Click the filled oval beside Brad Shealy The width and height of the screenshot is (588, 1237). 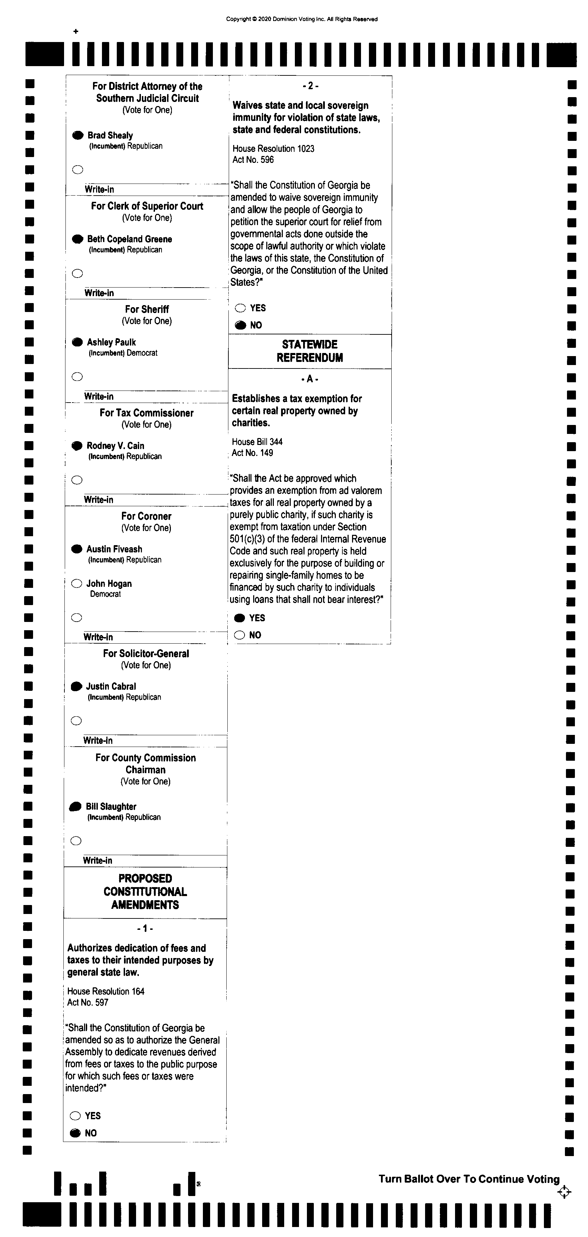(78, 135)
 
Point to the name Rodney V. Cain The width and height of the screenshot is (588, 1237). (115, 446)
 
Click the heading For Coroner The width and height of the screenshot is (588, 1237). (146, 516)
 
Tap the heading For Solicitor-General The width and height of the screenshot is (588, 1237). (146, 654)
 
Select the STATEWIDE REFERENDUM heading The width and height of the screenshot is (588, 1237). (310, 351)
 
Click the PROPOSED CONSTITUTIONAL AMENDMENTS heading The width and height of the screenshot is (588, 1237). (145, 892)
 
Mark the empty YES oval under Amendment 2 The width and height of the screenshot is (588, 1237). (240, 308)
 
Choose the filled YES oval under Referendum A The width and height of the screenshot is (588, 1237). (239, 618)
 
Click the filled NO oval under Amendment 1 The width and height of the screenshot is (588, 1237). (75, 1133)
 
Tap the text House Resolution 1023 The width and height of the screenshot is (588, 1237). (274, 149)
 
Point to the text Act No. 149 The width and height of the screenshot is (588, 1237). (252, 453)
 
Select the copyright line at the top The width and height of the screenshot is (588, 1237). (302, 19)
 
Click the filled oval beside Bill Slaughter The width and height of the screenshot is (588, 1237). (75, 807)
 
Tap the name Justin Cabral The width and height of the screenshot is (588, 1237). (111, 687)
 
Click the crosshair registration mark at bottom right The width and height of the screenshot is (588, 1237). (565, 1192)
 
